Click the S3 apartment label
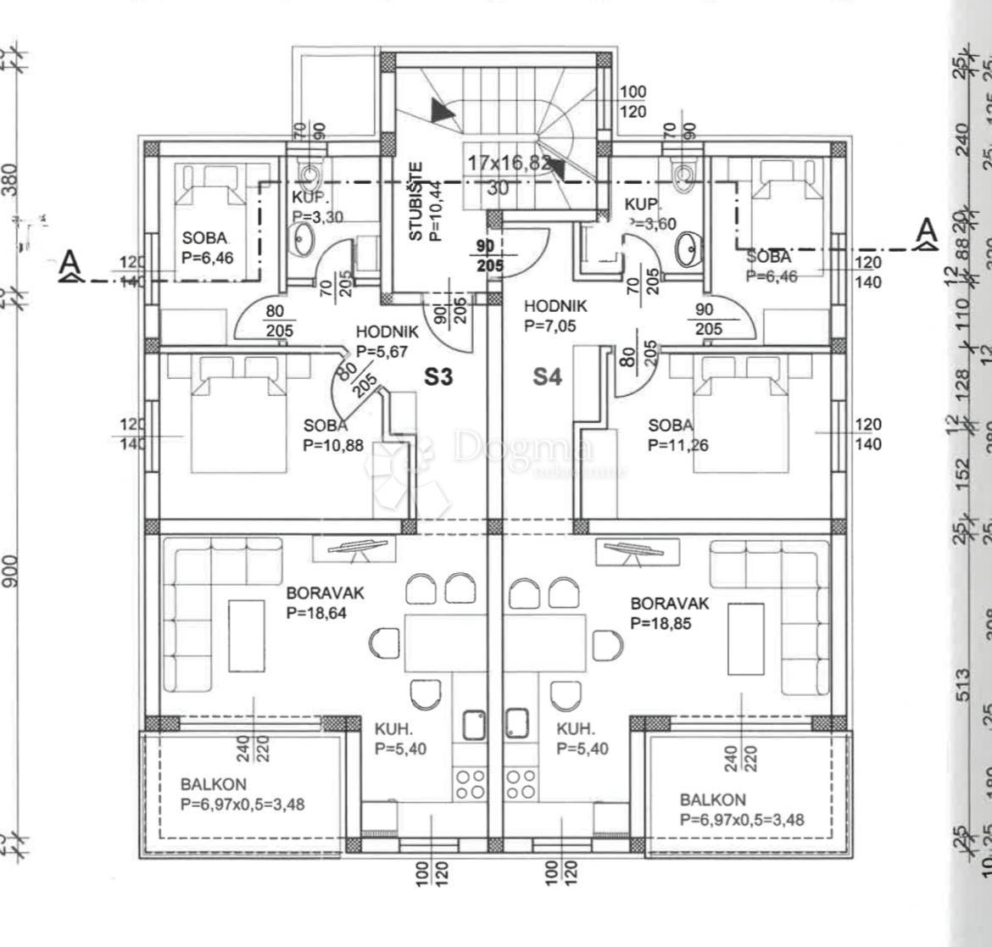438,376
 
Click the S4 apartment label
547,376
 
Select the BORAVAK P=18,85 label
669,613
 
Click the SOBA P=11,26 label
678,435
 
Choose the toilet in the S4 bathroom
683,172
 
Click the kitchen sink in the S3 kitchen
473,725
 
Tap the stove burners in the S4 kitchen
521,783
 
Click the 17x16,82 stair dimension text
509,163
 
